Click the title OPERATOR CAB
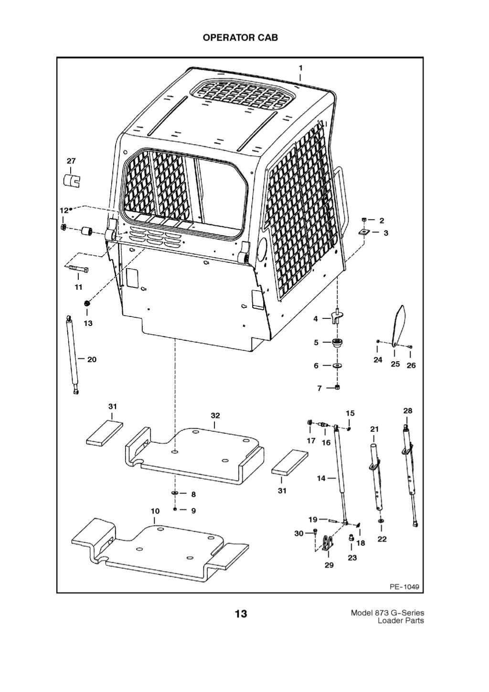(x=240, y=38)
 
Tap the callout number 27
(x=71, y=161)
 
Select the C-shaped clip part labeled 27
(x=72, y=181)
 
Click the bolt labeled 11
(x=77, y=270)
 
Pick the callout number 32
(x=215, y=416)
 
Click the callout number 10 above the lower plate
(x=155, y=511)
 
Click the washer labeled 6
(x=338, y=366)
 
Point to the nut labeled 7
(x=338, y=388)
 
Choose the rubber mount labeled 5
(x=339, y=342)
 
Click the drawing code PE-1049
(x=404, y=587)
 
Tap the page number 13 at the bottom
(x=241, y=613)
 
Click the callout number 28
(x=407, y=410)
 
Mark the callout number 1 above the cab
(x=300, y=67)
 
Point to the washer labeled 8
(x=175, y=493)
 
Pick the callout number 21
(x=374, y=429)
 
